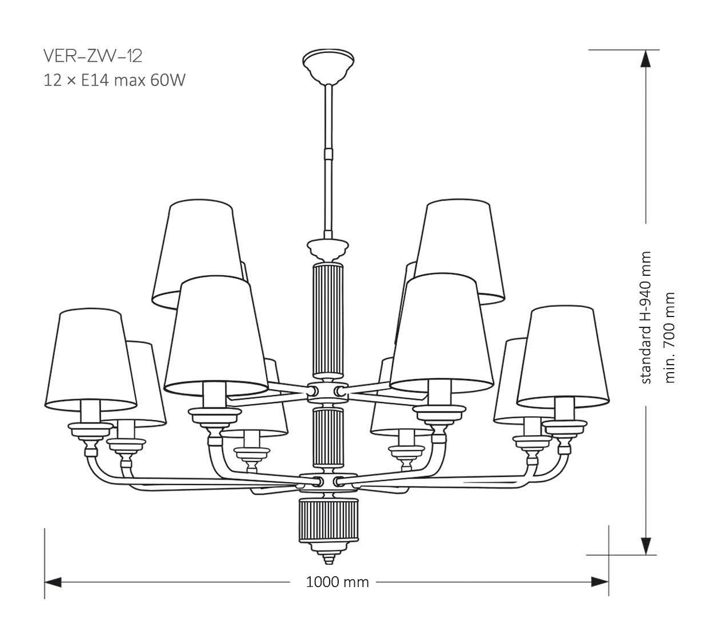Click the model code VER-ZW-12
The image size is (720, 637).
pyautogui.click(x=92, y=56)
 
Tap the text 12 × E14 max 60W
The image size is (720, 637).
pyautogui.click(x=115, y=80)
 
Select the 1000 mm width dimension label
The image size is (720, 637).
pyautogui.click(x=337, y=583)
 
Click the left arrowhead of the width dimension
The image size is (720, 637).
pyautogui.click(x=53, y=583)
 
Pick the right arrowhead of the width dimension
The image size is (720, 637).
pyautogui.click(x=601, y=583)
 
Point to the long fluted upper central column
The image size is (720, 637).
pyautogui.click(x=328, y=319)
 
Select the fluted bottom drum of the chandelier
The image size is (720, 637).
pyautogui.click(x=328, y=519)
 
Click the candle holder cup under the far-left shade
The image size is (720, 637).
pyautogui.click(x=91, y=429)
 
